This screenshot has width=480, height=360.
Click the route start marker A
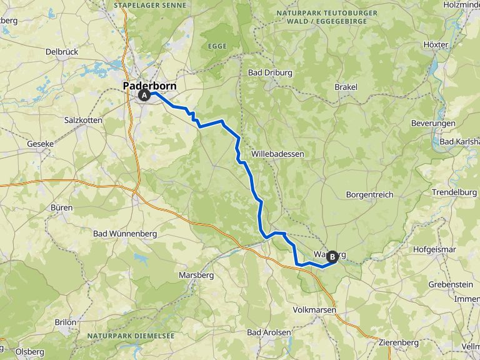pos(144,96)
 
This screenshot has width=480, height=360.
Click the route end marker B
pos(332,256)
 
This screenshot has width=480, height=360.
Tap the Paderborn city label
pos(149,86)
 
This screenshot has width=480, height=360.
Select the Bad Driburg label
pos(270,72)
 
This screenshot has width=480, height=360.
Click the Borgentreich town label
pos(369,194)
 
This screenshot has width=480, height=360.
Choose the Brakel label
pos(346,87)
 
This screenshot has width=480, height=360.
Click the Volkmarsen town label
pos(314,310)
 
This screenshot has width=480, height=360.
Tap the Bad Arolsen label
pos(269,332)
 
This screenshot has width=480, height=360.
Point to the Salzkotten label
pos(86,119)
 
